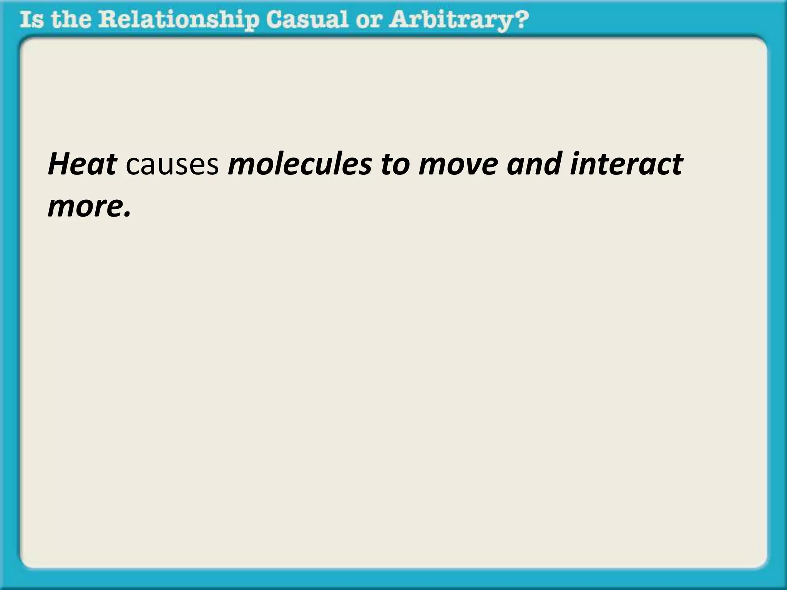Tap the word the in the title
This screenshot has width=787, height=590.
[x=71, y=20]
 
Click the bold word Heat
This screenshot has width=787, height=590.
[x=82, y=164]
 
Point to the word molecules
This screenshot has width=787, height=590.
[x=300, y=164]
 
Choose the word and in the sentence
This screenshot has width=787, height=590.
[x=534, y=164]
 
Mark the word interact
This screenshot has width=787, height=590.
[x=626, y=164]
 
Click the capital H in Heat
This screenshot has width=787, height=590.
[x=58, y=164]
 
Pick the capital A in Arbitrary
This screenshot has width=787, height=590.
[x=398, y=20]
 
